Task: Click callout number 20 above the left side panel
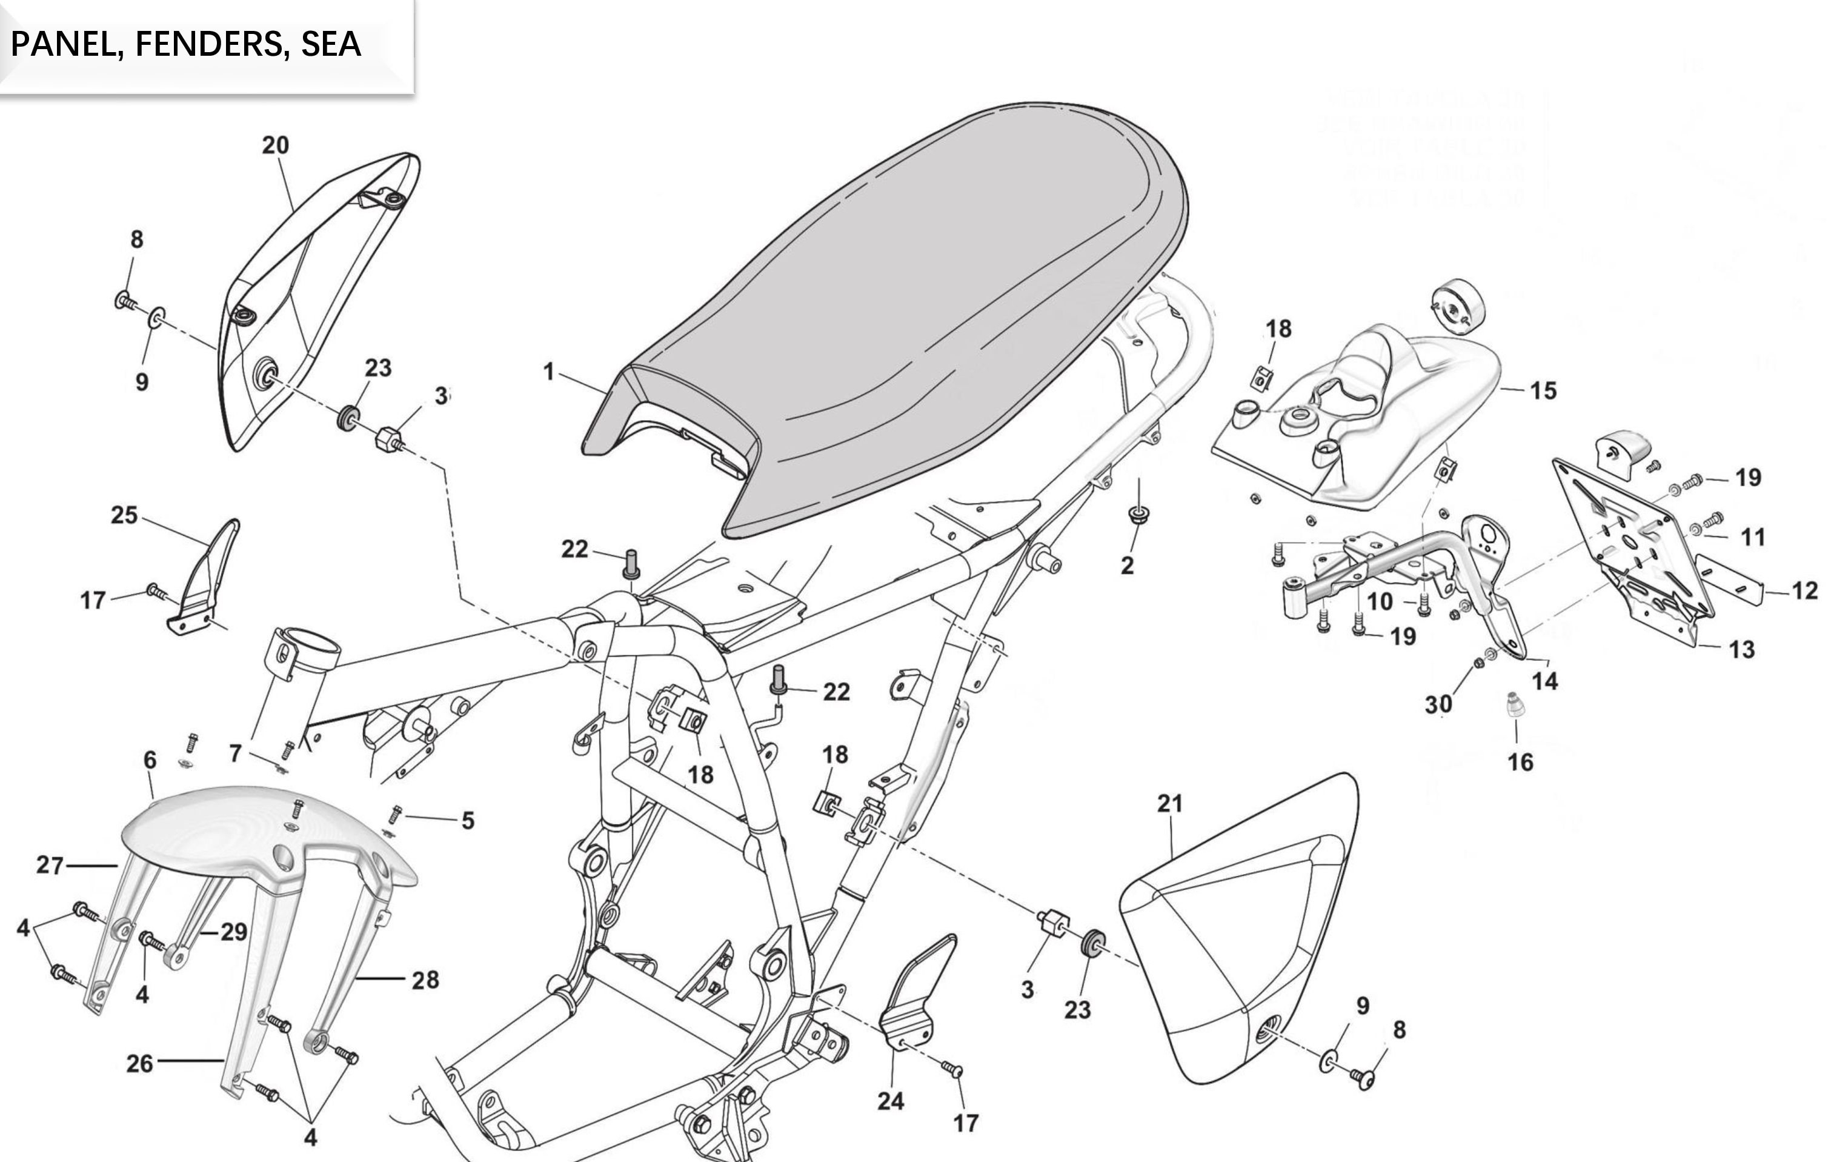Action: [275, 145]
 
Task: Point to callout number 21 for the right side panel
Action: [1170, 803]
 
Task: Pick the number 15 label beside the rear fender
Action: [1543, 391]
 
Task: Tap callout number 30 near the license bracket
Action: [1438, 704]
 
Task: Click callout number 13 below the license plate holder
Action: [1741, 649]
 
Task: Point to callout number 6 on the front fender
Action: [150, 760]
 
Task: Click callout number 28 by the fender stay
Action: [425, 980]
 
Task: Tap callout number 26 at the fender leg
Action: [139, 1063]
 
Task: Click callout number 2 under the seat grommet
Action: [1127, 565]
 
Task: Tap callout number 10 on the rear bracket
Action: [1380, 601]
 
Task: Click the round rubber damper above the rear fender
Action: [1457, 306]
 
